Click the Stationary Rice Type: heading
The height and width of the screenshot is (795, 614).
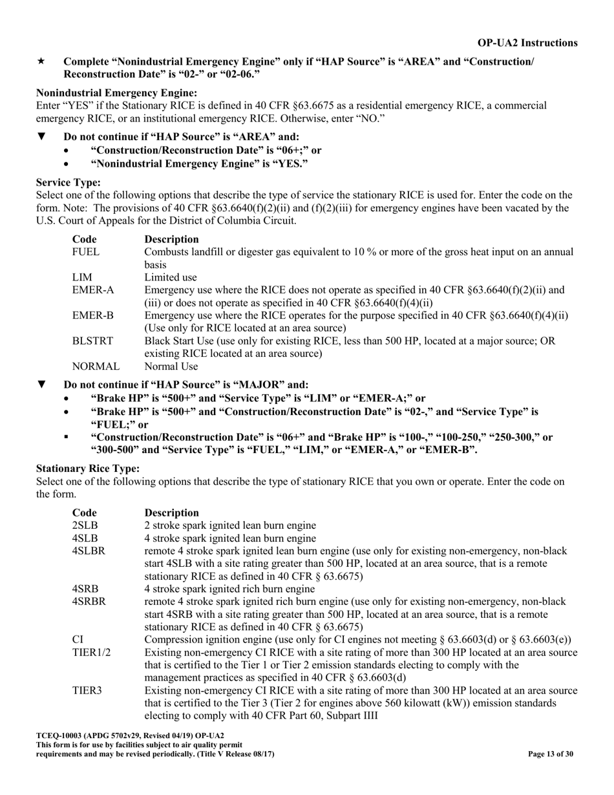pos(87,468)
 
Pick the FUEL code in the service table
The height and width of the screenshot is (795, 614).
pos(86,252)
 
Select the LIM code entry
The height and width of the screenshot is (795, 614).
pos(81,277)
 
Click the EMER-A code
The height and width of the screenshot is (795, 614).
pos(92,290)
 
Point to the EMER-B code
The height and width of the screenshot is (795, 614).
pos(92,315)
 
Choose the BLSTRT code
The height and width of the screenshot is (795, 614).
pos(92,341)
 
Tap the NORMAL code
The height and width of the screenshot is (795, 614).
pos(96,366)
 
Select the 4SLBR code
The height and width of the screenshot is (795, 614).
pos(88,551)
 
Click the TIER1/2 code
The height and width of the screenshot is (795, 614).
pos(91,652)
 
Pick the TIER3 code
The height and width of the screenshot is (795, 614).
pos(87,691)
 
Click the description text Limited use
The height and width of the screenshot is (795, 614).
pos(171,277)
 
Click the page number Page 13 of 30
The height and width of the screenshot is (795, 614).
pos(550,754)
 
